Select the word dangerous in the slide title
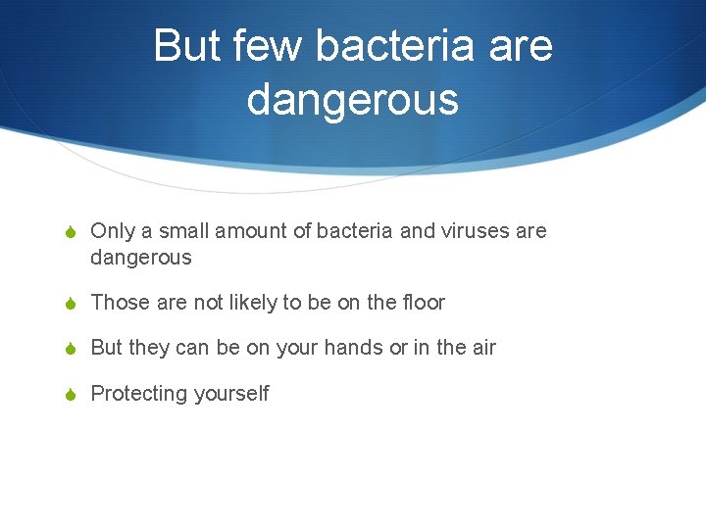point(353,98)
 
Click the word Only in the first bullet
point(111,231)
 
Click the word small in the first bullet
point(185,231)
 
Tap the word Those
point(120,303)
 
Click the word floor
point(424,303)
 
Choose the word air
point(484,348)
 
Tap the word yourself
point(230,394)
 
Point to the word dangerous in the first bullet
point(141,258)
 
